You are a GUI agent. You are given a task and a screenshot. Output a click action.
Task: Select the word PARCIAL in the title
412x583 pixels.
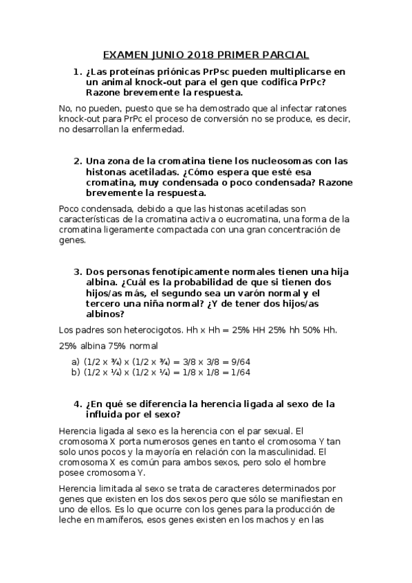pyautogui.click(x=283, y=54)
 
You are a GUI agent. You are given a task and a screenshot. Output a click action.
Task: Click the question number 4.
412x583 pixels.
pyautogui.click(x=78, y=404)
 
